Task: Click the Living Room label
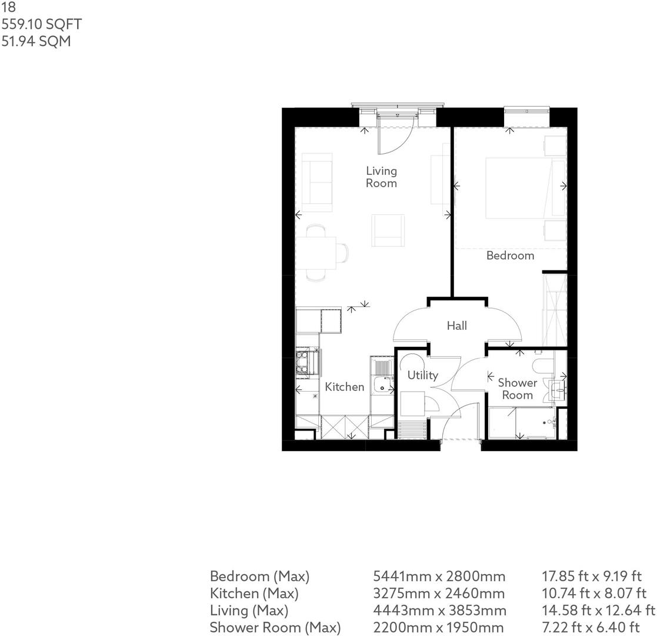click(x=381, y=177)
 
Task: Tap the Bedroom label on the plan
click(x=510, y=256)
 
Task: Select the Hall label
click(x=456, y=326)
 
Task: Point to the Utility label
click(x=423, y=375)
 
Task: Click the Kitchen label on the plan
click(x=345, y=387)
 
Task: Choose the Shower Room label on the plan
click(x=518, y=389)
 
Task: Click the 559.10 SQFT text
click(x=42, y=24)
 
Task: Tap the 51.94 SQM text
click(x=36, y=42)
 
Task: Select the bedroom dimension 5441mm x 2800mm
click(x=439, y=577)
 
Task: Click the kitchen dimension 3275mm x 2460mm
click(x=439, y=594)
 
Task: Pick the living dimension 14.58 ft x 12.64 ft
click(x=598, y=611)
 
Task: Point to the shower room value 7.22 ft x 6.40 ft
click(x=591, y=628)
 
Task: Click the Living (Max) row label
click(x=249, y=611)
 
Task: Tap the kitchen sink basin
click(x=383, y=385)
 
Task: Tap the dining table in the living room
click(x=316, y=253)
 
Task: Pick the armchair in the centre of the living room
click(x=388, y=230)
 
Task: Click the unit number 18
click(x=8, y=7)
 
